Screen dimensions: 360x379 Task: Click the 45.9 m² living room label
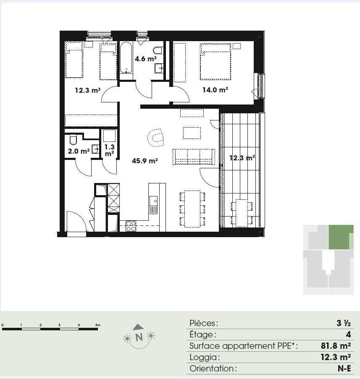coord(145,161)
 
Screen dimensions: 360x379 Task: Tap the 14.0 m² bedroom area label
coord(215,90)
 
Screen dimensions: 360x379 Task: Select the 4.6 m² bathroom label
coord(145,59)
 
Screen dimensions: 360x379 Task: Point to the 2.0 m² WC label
coord(79,152)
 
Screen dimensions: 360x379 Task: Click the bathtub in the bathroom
coord(126,58)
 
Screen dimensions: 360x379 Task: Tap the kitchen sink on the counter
coord(153,205)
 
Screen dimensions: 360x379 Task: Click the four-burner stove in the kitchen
coord(131,226)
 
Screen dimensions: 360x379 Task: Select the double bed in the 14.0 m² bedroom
coord(215,62)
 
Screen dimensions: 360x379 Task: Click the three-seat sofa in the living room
coord(194,157)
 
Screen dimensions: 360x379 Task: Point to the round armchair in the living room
coord(156,137)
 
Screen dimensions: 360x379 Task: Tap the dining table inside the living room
coord(192,209)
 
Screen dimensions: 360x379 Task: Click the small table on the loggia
coord(242,213)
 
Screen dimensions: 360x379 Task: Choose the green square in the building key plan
coord(341,237)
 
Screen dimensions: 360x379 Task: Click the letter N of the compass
coord(139,337)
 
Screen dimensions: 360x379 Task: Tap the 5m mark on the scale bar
coord(98,325)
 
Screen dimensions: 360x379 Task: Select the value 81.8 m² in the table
coord(336,346)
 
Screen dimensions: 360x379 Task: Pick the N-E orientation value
coord(344,369)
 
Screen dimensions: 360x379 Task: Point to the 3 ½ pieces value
coord(344,323)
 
